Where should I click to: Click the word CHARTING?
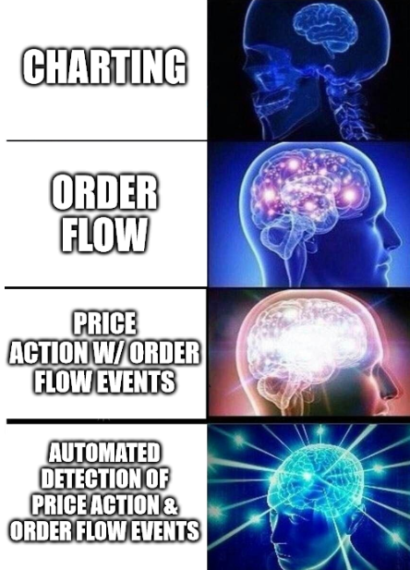[104, 67]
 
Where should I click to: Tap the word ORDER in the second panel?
[104, 193]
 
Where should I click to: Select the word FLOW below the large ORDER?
[104, 235]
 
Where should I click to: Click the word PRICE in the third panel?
[104, 323]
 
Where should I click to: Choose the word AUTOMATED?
[104, 452]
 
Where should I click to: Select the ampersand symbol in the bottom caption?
[170, 506]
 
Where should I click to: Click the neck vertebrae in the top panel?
[347, 109]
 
